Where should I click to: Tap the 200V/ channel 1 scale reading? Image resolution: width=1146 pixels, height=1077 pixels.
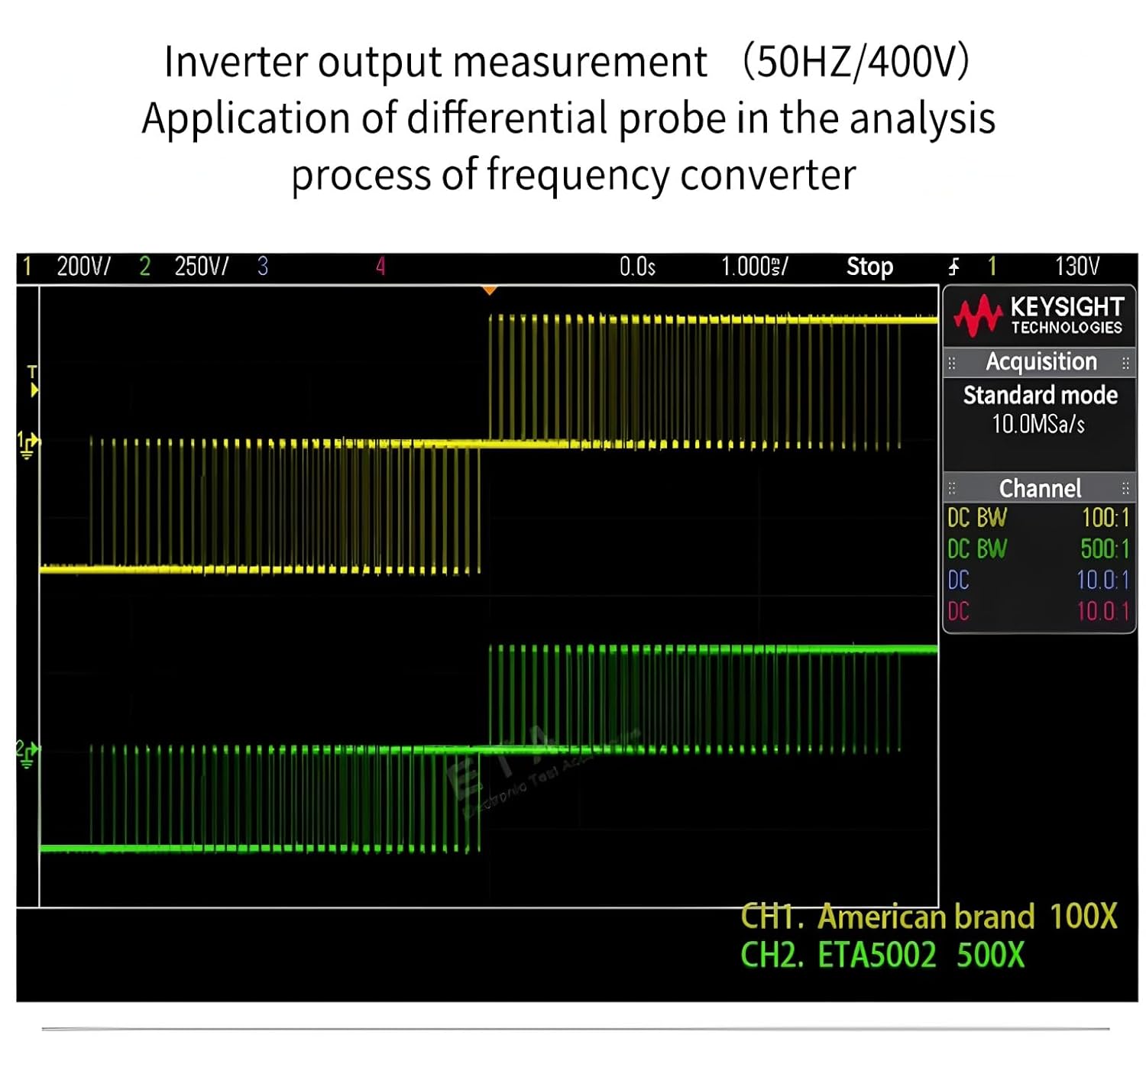[83, 266]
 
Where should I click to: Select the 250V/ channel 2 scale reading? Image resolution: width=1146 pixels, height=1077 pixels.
[201, 266]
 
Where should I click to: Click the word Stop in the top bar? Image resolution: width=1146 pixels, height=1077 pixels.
[869, 266]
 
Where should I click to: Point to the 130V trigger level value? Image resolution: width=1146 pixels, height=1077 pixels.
[1076, 266]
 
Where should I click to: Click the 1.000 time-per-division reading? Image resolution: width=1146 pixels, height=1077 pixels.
[753, 266]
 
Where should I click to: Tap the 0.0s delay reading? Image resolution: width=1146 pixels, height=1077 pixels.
[637, 266]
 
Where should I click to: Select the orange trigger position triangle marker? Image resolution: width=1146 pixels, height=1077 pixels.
[490, 290]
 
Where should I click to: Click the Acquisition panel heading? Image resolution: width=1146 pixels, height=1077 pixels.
[1041, 361]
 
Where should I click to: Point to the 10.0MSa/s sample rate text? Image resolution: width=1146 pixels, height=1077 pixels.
[1038, 423]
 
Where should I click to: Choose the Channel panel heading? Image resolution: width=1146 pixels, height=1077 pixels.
[1040, 488]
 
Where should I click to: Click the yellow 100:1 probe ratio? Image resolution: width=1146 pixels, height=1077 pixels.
[1105, 518]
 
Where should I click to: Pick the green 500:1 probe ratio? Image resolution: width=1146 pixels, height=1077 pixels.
[1104, 548]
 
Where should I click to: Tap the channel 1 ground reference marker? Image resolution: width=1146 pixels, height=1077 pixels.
[28, 445]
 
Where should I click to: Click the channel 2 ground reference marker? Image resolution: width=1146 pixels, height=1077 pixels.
[28, 753]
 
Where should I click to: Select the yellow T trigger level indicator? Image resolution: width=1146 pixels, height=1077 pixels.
[32, 380]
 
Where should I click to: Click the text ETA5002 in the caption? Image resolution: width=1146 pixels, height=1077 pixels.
[876, 955]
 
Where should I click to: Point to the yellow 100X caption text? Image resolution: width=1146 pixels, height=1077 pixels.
[1083, 916]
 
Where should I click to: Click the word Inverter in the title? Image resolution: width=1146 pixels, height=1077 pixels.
[235, 62]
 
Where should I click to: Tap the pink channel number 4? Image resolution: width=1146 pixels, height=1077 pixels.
[380, 266]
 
